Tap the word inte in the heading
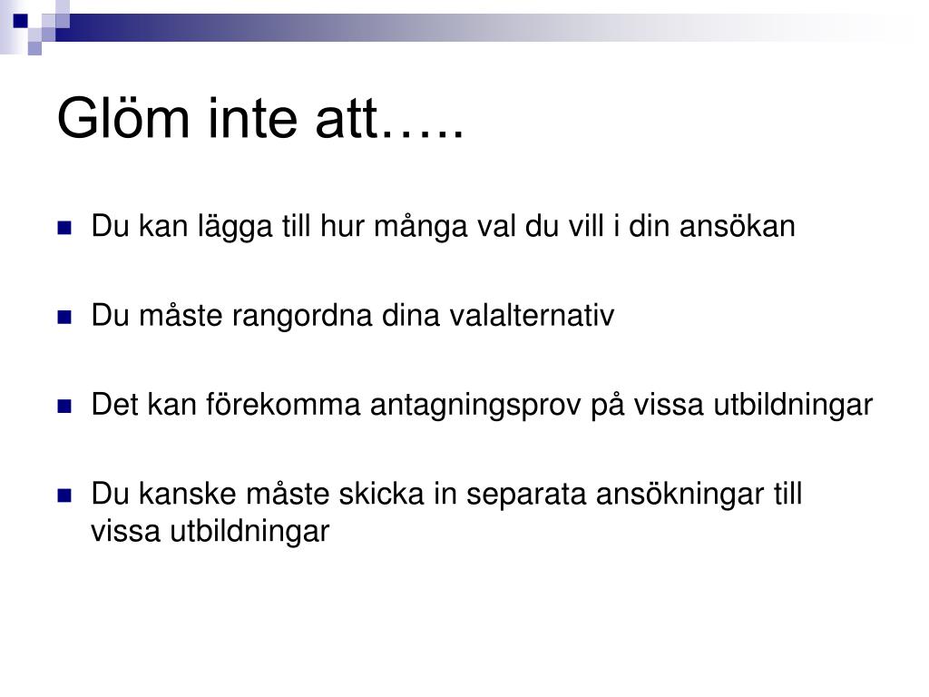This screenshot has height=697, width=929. [x=252, y=119]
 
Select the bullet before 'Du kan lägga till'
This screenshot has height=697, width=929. [x=64, y=228]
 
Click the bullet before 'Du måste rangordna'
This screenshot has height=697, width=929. [x=64, y=317]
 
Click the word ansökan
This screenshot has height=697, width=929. [x=737, y=226]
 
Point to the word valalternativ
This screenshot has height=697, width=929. [x=532, y=315]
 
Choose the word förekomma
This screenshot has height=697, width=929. [x=283, y=405]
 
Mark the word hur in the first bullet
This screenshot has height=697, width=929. [x=342, y=226]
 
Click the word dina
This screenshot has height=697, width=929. [x=411, y=315]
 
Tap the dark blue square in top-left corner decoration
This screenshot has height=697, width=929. [x=21, y=21]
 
